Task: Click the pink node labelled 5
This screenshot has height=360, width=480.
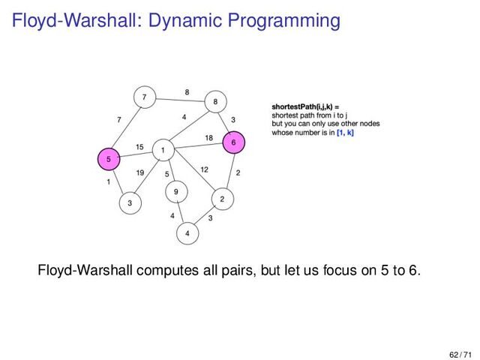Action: pyautogui.click(x=109, y=159)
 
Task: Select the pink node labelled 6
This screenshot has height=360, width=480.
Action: pyautogui.click(x=233, y=142)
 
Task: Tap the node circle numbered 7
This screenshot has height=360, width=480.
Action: pyautogui.click(x=143, y=97)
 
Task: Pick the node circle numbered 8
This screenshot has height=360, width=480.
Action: pyautogui.click(x=215, y=101)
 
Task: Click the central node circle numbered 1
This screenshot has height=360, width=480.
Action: pyautogui.click(x=162, y=151)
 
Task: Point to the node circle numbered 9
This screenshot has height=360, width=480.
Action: pyautogui.click(x=175, y=191)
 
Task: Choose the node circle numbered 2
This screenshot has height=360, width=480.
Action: pyautogui.click(x=222, y=199)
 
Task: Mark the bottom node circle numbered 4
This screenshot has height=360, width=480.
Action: pyautogui.click(x=187, y=234)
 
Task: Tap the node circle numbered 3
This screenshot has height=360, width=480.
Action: pyautogui.click(x=130, y=202)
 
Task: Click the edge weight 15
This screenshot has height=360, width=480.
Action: pyautogui.click(x=139, y=146)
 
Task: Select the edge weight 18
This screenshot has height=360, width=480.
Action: pyautogui.click(x=209, y=136)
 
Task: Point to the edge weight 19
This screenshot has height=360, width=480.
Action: pyautogui.click(x=140, y=173)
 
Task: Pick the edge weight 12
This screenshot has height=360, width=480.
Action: pyautogui.click(x=204, y=169)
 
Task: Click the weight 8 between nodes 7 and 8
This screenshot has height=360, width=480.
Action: pyautogui.click(x=186, y=92)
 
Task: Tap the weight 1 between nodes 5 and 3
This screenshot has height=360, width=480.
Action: pyautogui.click(x=109, y=182)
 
